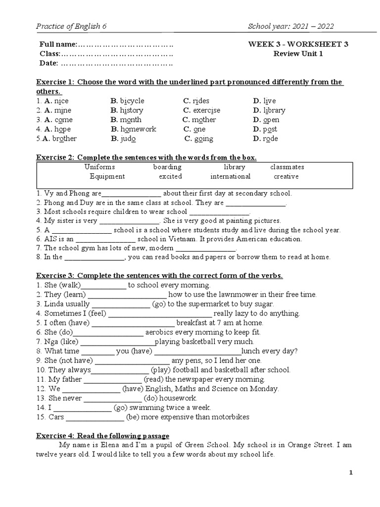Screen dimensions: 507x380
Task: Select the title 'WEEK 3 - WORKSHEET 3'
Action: click(x=298, y=44)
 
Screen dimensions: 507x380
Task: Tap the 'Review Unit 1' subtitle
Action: click(x=298, y=53)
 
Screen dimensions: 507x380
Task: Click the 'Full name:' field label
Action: click(x=58, y=44)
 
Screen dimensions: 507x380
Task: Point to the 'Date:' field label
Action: click(x=49, y=63)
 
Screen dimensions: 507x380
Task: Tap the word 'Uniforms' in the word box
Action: click(x=99, y=167)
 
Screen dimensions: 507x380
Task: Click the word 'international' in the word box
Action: click(x=230, y=177)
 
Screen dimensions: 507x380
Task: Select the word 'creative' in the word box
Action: click(x=286, y=177)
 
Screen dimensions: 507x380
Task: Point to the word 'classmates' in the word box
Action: click(x=287, y=167)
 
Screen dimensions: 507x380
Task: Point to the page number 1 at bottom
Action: click(x=351, y=473)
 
